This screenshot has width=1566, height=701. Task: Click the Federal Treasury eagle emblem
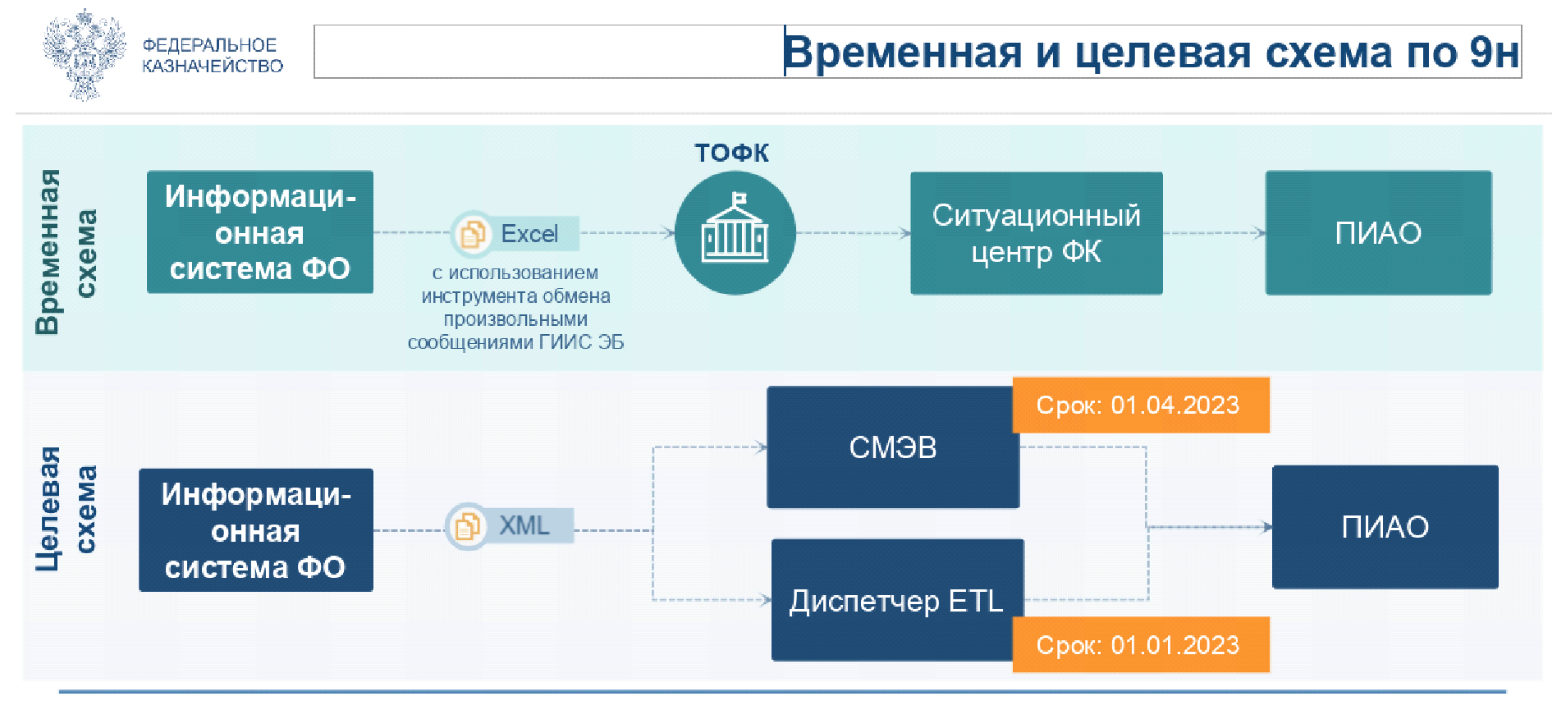(84, 55)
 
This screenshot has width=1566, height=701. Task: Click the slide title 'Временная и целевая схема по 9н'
(1151, 53)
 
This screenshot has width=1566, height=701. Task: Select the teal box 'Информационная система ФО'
(259, 232)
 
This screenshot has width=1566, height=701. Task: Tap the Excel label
(530, 234)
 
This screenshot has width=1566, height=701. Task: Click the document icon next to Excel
(472, 234)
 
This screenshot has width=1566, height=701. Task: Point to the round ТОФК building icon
(735, 233)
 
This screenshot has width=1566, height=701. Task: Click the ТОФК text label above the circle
(731, 153)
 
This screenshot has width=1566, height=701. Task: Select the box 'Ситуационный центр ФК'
(1036, 233)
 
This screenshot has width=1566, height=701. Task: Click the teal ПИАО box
(1378, 233)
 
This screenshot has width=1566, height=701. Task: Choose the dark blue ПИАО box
(1385, 527)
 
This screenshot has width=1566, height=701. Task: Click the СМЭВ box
(892, 448)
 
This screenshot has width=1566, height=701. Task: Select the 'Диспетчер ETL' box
(896, 601)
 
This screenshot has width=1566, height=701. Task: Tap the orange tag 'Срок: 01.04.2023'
(1140, 405)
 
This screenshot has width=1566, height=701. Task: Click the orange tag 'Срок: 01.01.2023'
(1140, 645)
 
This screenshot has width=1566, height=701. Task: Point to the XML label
(524, 525)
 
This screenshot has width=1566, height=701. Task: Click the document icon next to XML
(467, 526)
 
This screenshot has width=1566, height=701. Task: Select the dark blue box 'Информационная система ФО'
(255, 530)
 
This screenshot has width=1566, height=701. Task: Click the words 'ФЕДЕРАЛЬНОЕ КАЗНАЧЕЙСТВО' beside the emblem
(212, 56)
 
